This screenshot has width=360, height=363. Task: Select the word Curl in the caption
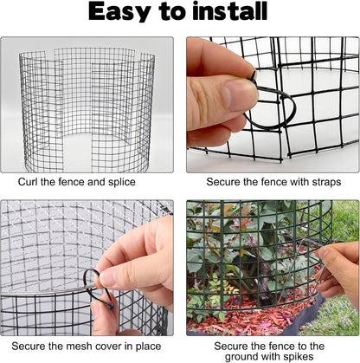[32, 182]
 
